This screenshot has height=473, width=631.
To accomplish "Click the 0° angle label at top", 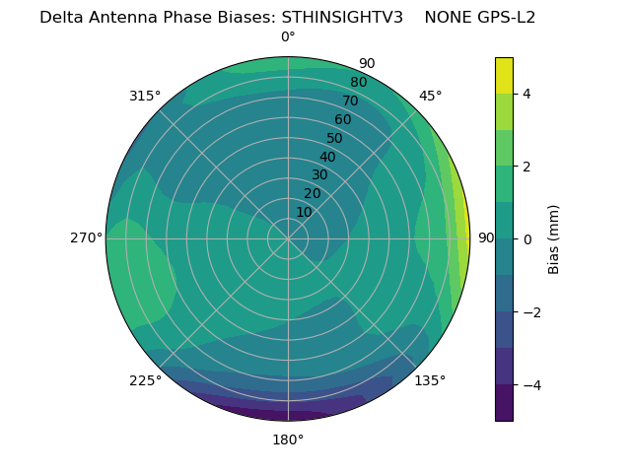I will coord(288,37).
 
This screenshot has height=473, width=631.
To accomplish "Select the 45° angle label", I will coord(430,96).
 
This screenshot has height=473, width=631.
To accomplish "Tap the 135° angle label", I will coord(430,380).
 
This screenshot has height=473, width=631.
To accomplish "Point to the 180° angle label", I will coord(288,439).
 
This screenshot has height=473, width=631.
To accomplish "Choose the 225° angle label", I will coord(145,380).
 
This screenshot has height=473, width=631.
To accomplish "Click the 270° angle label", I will coord(86,238).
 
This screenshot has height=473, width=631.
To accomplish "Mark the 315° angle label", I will coord(145,96).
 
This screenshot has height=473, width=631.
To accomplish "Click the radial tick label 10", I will coord(304,212).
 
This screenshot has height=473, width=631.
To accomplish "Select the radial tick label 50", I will coord(335,138).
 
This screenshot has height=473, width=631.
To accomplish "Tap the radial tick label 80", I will coord(358,82).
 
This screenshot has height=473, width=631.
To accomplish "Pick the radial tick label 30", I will coord(319,175).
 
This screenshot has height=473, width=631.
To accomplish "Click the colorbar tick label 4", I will coord(527,94).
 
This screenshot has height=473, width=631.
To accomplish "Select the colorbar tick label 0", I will coord(527,239).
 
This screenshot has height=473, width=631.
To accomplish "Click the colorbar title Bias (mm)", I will coord(554,239).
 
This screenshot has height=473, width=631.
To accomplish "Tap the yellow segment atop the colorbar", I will coord(504,75).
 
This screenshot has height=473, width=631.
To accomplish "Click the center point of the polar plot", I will coord(288,238).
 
